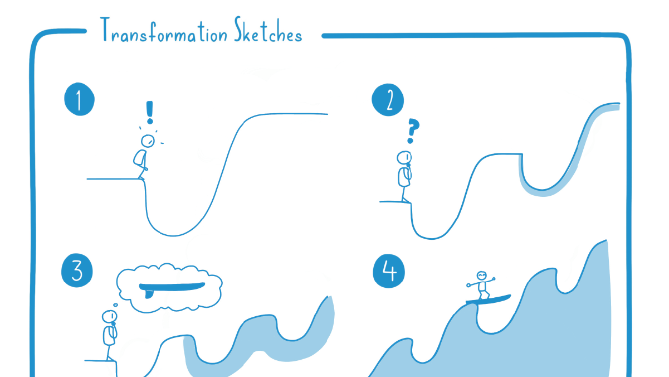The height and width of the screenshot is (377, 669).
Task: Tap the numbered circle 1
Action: [79, 100]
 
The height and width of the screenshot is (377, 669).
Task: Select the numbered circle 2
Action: [388, 100]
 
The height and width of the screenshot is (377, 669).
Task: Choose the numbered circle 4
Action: [389, 272]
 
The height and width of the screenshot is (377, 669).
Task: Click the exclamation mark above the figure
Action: [149, 112]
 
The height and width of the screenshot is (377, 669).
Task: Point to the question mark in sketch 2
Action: [412, 130]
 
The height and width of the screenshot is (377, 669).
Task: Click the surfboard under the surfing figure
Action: [488, 299]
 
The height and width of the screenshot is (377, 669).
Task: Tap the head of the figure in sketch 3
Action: [109, 317]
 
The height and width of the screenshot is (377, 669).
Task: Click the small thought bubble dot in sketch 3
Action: [114, 305]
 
